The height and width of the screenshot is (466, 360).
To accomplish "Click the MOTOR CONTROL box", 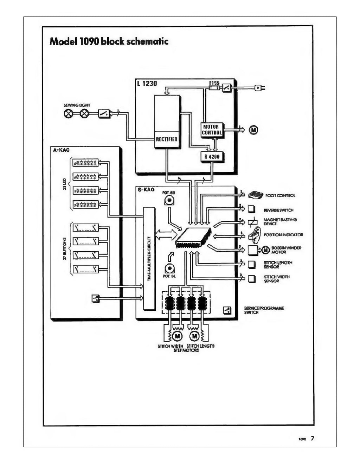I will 212,130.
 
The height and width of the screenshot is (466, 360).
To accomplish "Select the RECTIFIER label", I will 167,139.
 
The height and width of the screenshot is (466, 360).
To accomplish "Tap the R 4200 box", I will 212,157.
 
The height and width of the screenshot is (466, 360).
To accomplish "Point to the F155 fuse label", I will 214,83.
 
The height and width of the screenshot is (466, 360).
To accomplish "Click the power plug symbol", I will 260,88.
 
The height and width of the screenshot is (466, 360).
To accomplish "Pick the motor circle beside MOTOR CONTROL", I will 253,130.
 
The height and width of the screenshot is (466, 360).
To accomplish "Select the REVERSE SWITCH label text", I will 278,210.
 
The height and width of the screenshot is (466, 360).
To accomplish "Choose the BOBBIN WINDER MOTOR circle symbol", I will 265,250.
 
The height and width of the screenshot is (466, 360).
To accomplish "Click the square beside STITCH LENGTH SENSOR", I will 251,265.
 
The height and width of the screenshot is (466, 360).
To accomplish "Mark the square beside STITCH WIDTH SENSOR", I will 251,279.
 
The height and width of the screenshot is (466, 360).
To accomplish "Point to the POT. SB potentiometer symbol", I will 169,201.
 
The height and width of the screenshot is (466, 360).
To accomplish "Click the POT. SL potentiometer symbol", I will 170,269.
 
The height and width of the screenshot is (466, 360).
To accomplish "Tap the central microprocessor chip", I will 193,238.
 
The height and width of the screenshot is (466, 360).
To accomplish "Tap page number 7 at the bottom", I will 312,438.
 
